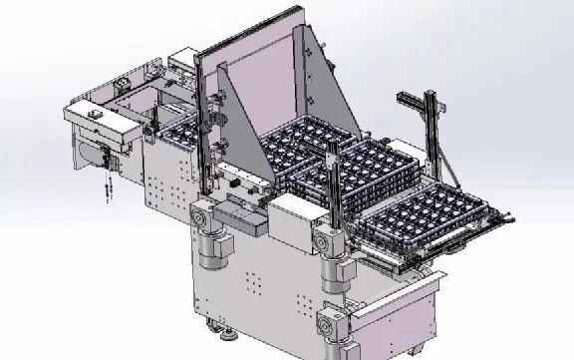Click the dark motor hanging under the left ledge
tap(106, 157)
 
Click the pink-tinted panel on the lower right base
tap(399, 314)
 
